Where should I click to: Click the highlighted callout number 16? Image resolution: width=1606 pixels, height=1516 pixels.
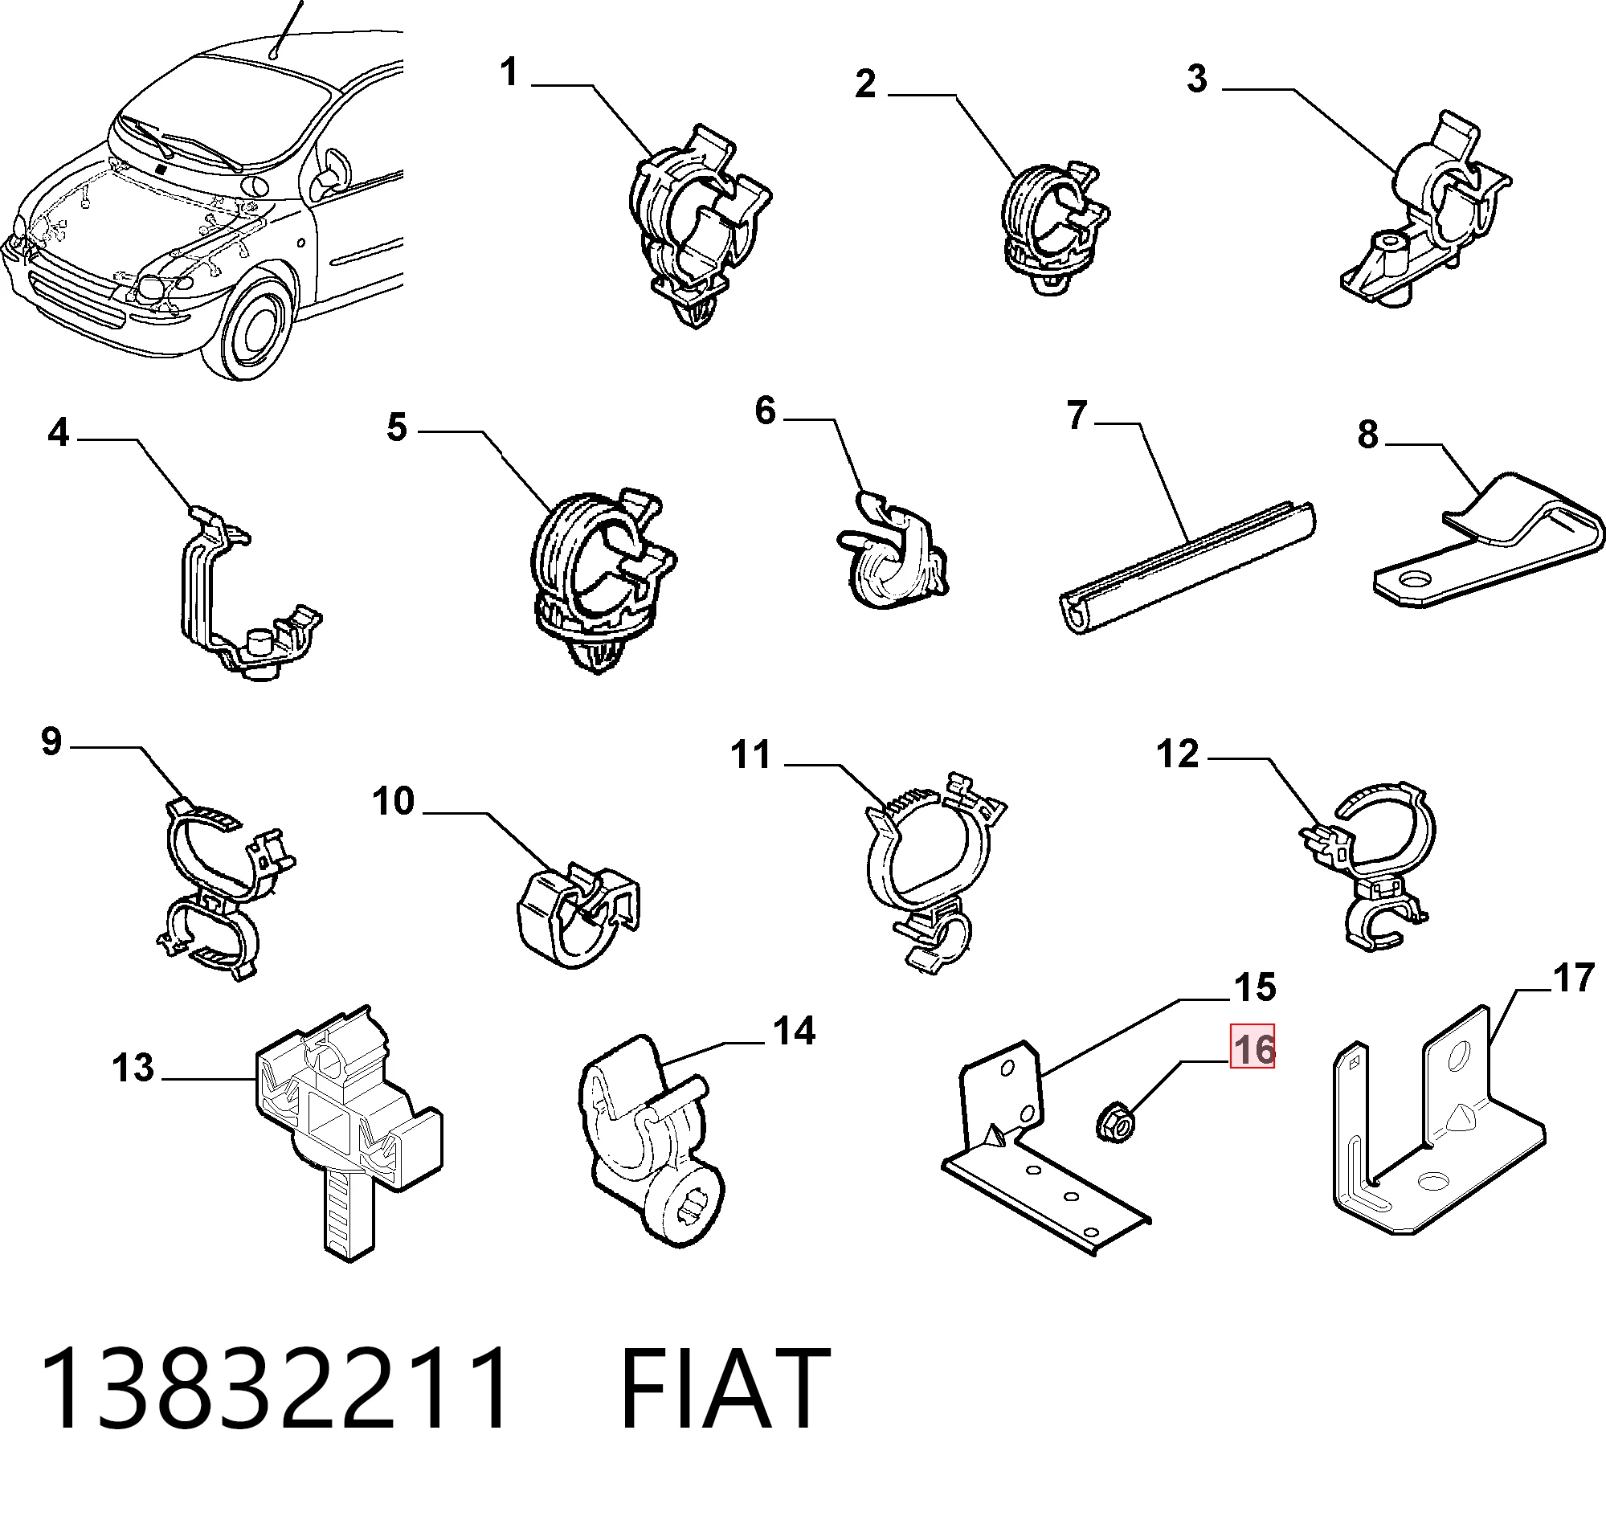[1253, 1049]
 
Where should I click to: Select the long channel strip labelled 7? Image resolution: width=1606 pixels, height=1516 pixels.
[1187, 569]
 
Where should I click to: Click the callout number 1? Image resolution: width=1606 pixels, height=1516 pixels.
[509, 73]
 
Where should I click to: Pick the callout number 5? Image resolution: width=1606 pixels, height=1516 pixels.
[397, 427]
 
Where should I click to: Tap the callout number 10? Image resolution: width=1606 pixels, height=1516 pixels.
[394, 801]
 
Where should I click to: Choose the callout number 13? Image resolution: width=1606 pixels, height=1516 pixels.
[133, 1068]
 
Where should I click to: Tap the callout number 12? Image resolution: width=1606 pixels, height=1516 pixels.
[1178, 754]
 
